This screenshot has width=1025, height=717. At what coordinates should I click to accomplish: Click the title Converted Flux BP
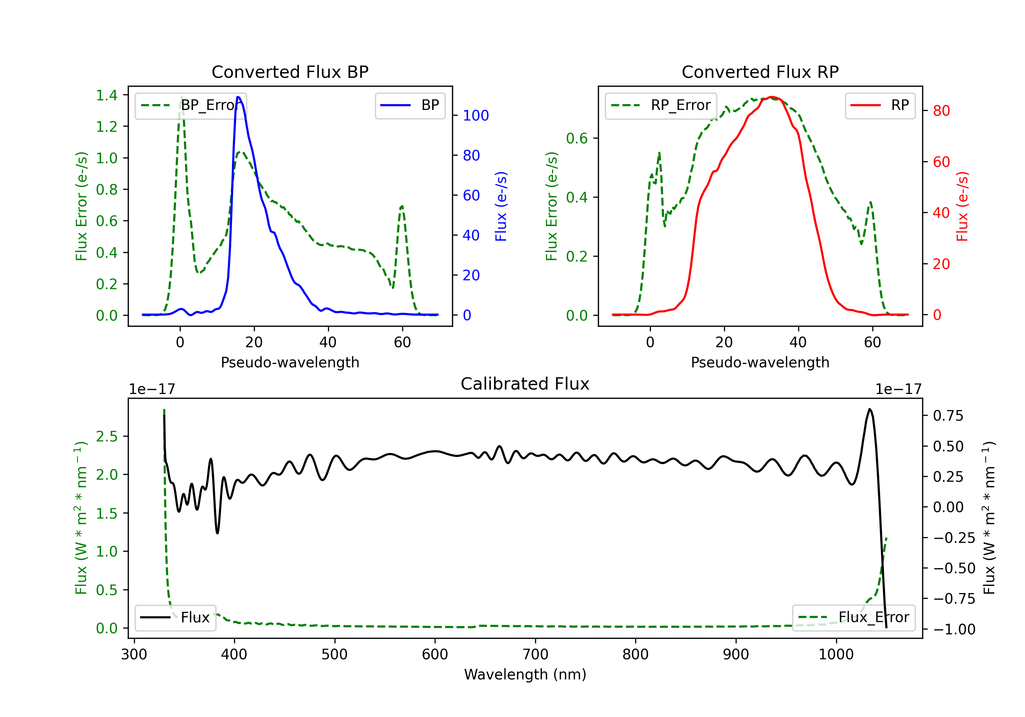point(290,72)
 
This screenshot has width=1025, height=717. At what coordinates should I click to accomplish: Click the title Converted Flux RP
point(760,72)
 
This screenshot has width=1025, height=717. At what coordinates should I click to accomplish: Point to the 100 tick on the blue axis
point(476,115)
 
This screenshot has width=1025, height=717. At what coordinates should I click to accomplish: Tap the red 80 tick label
point(941,111)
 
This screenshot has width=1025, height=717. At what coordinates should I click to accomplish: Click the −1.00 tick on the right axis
point(954,629)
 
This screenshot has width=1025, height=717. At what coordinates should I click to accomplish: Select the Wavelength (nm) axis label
point(525,674)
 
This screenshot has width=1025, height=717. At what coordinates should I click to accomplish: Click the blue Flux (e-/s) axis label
point(501,206)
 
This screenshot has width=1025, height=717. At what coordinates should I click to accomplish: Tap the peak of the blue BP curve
point(238,97)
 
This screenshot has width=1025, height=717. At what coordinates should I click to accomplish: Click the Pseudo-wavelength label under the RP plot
point(760,362)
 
